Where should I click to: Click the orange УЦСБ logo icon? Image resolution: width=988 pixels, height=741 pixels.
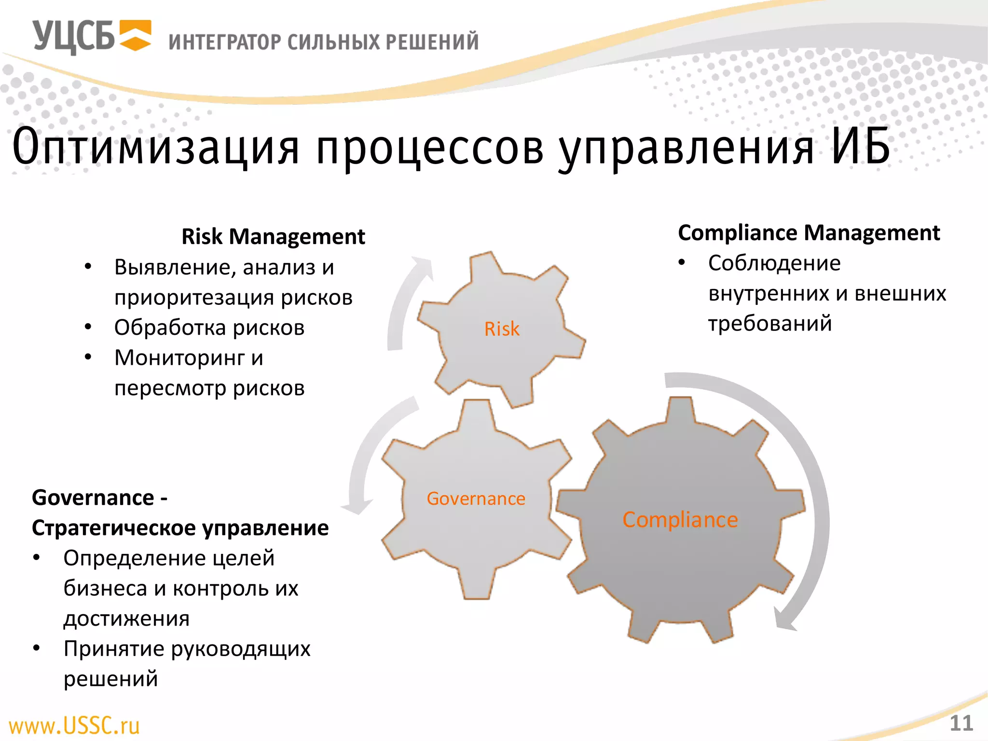[136, 35]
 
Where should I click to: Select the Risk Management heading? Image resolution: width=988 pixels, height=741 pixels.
[273, 236]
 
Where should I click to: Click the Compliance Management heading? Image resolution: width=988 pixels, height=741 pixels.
[809, 233]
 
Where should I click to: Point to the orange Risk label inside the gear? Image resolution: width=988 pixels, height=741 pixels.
[502, 329]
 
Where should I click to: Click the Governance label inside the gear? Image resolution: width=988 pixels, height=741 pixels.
[476, 498]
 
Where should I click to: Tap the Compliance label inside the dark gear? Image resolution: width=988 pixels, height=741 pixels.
[680, 520]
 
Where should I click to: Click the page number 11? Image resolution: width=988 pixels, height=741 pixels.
[961, 723]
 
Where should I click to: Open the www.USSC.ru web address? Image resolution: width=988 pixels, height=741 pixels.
[74, 726]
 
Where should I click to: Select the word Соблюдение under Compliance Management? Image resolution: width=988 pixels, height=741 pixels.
[774, 263]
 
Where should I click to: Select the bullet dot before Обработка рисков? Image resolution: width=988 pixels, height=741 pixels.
[88, 327]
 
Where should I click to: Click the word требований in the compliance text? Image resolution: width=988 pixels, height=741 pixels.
[770, 323]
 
